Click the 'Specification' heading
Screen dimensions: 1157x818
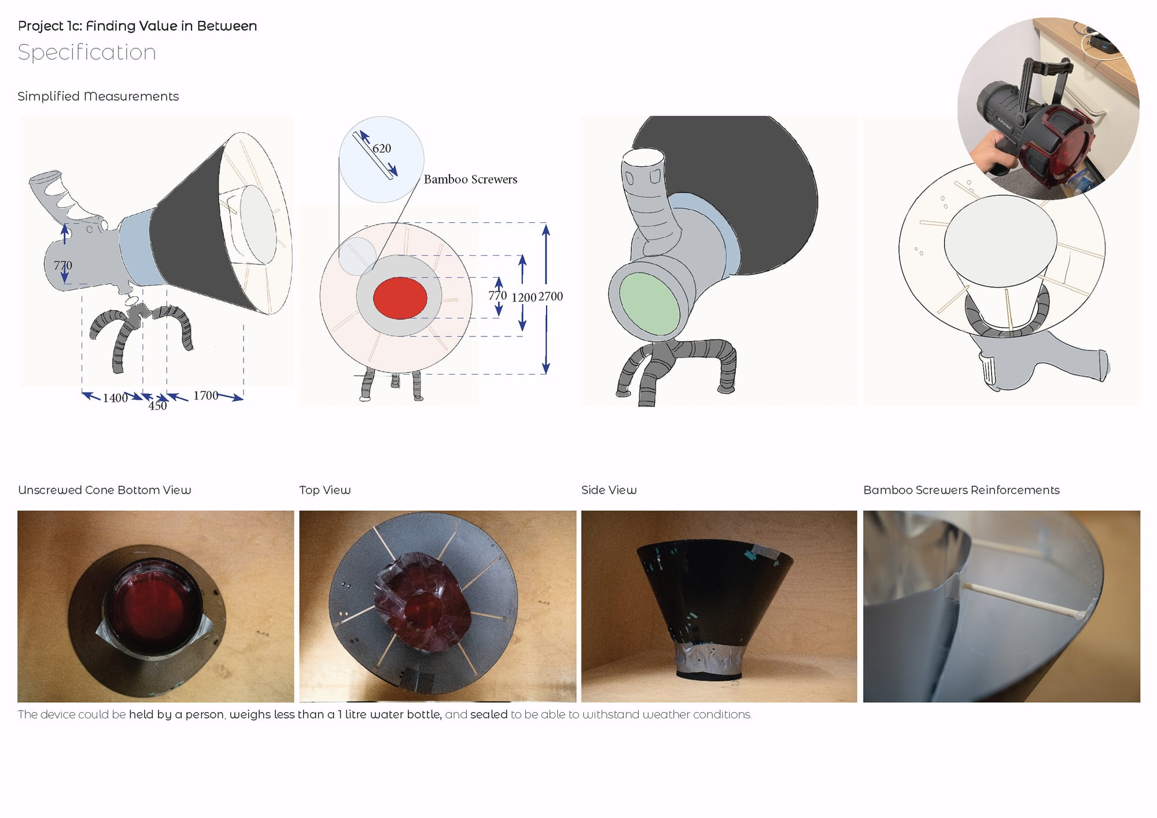point(87,53)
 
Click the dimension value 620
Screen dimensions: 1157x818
point(382,148)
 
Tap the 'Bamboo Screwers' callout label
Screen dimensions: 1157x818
point(470,179)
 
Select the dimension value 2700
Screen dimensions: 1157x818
point(551,296)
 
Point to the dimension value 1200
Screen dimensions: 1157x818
point(524,298)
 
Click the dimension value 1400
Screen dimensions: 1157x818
point(115,398)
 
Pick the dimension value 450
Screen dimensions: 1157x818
point(157,406)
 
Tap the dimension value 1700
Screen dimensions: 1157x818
point(206,395)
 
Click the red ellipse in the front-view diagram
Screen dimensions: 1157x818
point(400,298)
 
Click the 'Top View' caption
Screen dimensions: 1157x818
point(325,490)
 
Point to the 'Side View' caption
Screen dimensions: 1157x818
point(609,490)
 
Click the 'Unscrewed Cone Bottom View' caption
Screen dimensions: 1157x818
point(104,490)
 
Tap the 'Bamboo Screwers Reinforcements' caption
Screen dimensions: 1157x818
point(961,490)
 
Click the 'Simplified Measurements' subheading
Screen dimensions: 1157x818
point(98,96)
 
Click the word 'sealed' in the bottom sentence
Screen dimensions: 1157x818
point(489,714)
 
